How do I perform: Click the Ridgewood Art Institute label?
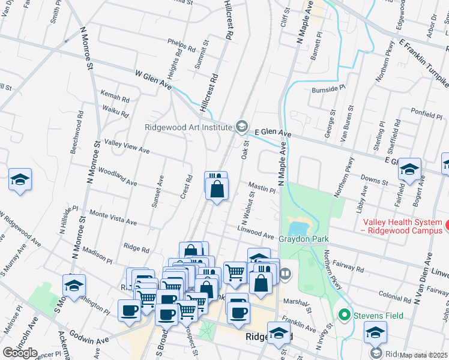[188, 127]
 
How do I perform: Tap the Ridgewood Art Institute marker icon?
[241, 126]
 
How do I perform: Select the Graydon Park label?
[303, 238]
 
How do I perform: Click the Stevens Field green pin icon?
[344, 314]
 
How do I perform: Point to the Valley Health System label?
[401, 226]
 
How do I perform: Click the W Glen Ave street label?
[153, 80]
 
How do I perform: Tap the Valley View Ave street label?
[127, 146]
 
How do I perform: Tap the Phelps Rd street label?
[182, 46]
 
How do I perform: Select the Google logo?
[20, 353]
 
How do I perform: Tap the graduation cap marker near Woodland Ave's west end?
[20, 179]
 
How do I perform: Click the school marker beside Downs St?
[410, 170]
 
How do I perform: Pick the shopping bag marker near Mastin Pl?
[217, 188]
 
